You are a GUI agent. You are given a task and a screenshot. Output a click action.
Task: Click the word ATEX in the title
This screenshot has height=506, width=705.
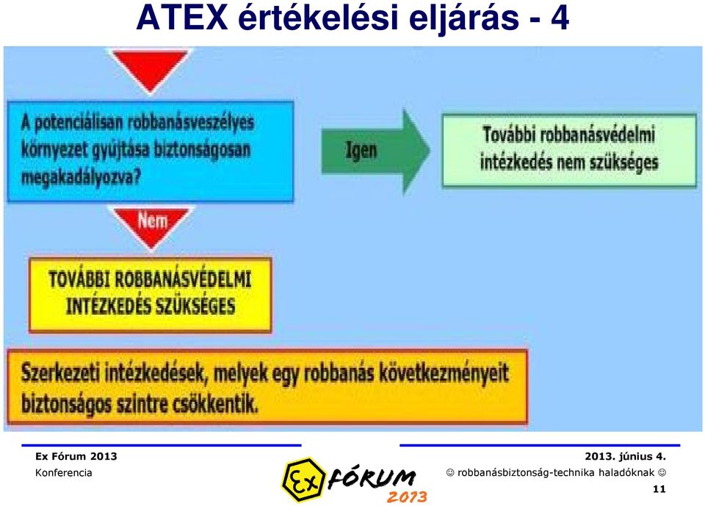pyautogui.click(x=182, y=18)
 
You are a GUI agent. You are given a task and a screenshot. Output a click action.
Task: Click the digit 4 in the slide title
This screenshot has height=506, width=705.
pyautogui.click(x=560, y=18)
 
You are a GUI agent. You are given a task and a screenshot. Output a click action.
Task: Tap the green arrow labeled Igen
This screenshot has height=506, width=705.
pyautogui.click(x=375, y=151)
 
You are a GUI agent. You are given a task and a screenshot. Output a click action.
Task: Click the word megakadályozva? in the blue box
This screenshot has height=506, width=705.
pyautogui.click(x=81, y=177)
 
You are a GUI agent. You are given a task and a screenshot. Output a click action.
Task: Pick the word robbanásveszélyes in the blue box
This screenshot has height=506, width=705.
pyautogui.click(x=191, y=123)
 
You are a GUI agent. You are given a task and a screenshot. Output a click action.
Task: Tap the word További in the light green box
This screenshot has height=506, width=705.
pyautogui.click(x=508, y=134)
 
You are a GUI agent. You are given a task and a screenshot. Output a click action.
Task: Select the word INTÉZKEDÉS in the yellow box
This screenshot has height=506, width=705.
pyautogui.click(x=108, y=306)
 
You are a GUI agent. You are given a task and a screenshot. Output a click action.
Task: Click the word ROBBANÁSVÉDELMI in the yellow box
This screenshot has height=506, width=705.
pyautogui.click(x=183, y=279)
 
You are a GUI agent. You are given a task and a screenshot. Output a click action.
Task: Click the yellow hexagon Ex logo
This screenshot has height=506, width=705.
pyautogui.click(x=304, y=480)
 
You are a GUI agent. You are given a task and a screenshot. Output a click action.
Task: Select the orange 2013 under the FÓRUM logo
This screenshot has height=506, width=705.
pyautogui.click(x=406, y=497)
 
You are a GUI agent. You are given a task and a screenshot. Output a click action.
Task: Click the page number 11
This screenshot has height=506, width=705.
pyautogui.click(x=659, y=489)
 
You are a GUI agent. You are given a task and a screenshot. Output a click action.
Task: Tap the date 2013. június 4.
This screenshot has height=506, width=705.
pyautogui.click(x=625, y=457)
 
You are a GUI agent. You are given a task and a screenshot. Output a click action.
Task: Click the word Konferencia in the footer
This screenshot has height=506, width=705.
pyautogui.click(x=63, y=473)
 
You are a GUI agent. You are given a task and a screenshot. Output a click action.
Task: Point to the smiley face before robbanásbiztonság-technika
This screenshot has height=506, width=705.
pyautogui.click(x=450, y=473)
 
